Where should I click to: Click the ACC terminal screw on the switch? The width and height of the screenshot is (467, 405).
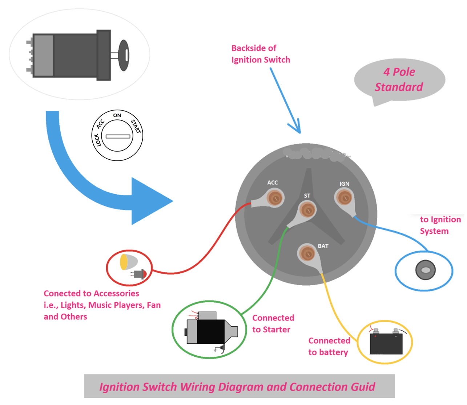(275, 198)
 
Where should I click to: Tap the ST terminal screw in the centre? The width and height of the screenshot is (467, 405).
(307, 210)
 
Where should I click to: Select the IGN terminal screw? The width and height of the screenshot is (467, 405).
(344, 198)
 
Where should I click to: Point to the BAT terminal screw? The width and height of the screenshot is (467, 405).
(307, 253)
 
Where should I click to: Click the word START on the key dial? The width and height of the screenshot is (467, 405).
(136, 126)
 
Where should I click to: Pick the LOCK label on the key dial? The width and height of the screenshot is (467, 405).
(97, 140)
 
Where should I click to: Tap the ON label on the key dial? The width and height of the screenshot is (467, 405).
(117, 115)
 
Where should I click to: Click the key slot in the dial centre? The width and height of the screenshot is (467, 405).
(118, 136)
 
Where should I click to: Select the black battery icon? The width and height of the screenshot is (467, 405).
(386, 343)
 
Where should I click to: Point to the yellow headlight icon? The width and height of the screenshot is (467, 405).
(128, 262)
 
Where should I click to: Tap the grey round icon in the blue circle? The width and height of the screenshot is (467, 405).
(425, 270)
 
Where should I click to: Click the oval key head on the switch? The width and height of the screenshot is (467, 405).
(124, 55)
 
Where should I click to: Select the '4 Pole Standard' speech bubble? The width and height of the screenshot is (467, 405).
(399, 79)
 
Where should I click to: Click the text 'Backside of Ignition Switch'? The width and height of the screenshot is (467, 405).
(260, 54)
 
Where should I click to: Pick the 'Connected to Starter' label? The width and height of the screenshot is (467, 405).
(273, 324)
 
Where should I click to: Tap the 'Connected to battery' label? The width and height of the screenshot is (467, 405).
(329, 347)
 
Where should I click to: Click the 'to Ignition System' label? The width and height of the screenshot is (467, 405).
(440, 225)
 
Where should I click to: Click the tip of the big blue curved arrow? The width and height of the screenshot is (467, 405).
(172, 201)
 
